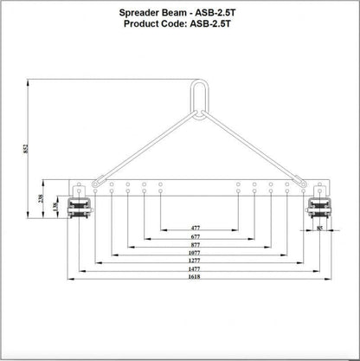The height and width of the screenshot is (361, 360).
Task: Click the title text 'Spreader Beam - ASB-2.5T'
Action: tap(180, 15)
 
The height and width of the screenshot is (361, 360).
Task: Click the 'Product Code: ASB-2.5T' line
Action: tap(180, 26)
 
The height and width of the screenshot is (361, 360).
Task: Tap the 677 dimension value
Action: tap(198, 237)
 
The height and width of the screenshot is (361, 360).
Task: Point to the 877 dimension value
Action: tap(198, 247)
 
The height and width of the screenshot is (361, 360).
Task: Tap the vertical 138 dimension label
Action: tap(55, 207)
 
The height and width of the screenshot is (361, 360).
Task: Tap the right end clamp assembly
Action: tap(318, 208)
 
